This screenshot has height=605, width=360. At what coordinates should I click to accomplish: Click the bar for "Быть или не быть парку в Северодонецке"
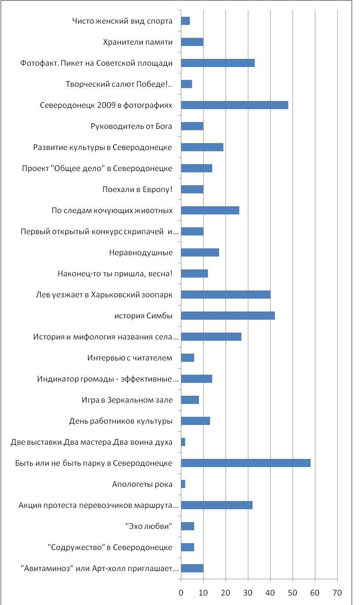point(246,463)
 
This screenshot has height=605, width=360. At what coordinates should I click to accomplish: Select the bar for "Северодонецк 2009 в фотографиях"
point(235,105)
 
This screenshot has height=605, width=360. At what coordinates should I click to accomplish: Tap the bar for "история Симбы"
point(228,316)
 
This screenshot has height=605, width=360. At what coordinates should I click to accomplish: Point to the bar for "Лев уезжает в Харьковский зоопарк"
point(226,295)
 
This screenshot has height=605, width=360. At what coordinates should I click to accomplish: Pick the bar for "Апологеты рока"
point(183,484)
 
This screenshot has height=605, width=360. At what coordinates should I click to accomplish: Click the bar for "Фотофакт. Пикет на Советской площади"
point(218,63)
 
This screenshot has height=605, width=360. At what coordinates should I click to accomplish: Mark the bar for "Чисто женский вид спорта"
point(186,21)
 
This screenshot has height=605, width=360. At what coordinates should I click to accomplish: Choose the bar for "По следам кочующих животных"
point(210,211)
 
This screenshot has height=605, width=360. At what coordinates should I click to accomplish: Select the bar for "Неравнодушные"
point(200,253)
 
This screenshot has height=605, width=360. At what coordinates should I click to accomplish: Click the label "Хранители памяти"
point(138,42)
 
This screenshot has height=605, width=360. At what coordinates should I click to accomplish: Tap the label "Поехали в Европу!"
point(137,189)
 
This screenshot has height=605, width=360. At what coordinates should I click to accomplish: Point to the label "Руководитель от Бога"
point(131,126)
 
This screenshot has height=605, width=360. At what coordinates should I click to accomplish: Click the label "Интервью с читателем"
point(130,357)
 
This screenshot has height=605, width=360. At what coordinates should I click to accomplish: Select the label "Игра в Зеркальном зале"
point(127,400)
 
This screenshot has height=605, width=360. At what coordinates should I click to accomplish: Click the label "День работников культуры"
point(121,421)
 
